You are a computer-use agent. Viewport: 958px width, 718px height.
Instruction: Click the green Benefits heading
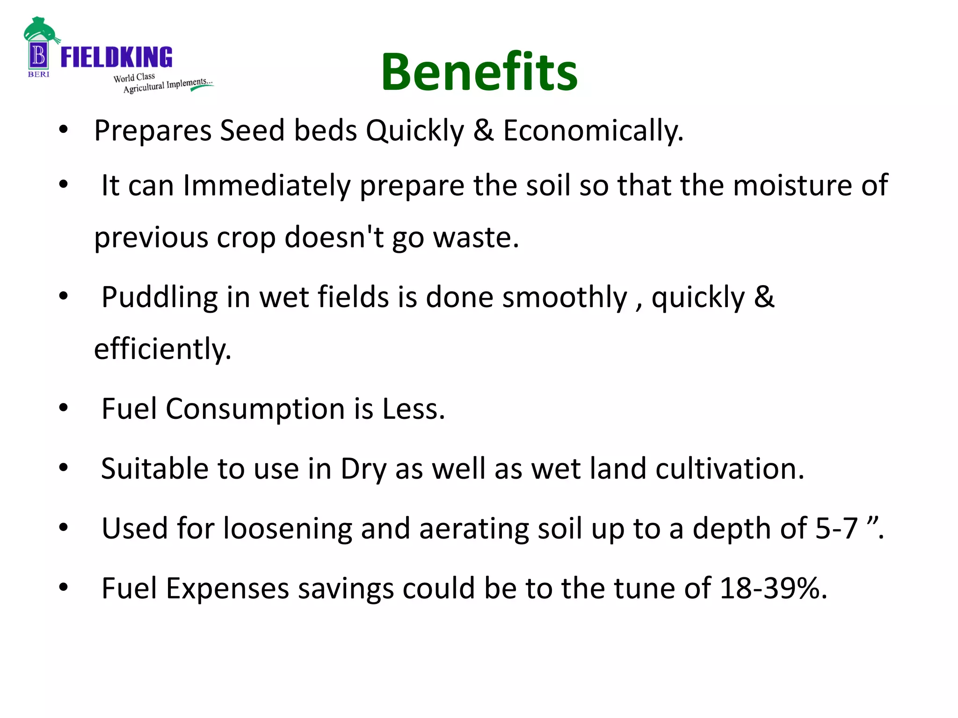(x=479, y=72)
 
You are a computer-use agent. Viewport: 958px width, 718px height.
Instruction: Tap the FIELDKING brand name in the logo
(x=116, y=57)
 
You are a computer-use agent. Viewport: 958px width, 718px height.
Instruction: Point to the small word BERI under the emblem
(x=38, y=74)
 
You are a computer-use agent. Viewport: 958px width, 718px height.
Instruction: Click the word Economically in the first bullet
(x=593, y=130)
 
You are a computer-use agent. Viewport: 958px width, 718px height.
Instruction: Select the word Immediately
(x=267, y=186)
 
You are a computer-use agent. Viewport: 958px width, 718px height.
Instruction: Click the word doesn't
(x=334, y=237)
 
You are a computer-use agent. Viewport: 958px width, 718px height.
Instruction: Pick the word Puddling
(x=160, y=297)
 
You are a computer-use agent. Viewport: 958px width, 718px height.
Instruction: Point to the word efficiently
(x=162, y=349)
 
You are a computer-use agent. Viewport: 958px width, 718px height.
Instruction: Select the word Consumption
(x=255, y=409)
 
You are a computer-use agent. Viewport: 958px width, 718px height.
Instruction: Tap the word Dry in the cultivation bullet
(x=363, y=469)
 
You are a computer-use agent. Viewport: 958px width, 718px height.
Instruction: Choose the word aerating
(x=474, y=529)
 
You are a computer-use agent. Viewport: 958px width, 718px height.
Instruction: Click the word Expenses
(x=228, y=588)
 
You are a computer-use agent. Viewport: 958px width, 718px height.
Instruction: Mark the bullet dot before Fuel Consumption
(x=64, y=408)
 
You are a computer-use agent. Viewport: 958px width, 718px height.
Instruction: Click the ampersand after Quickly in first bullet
(x=483, y=130)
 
